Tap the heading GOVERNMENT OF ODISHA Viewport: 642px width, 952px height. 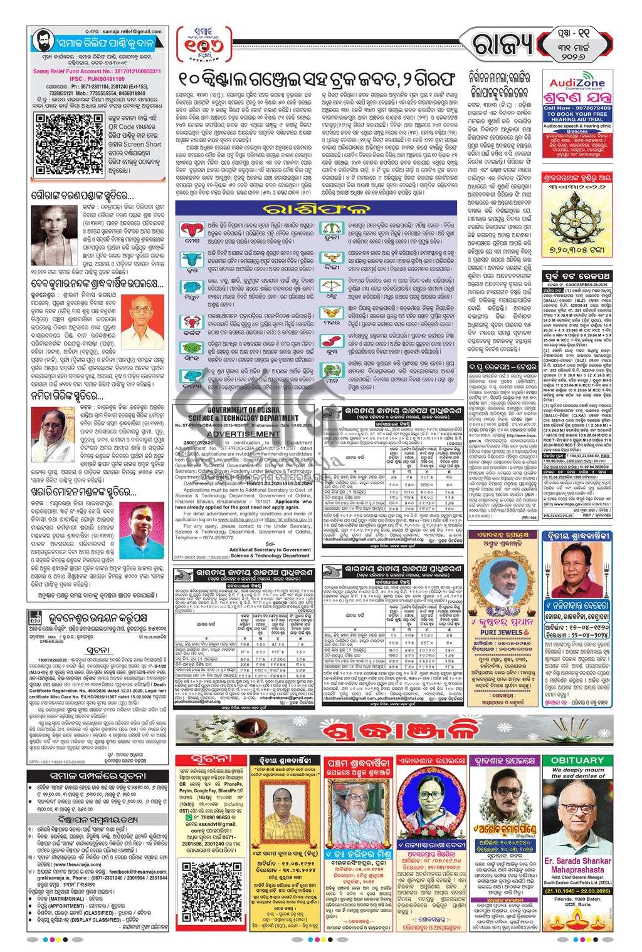[245, 409]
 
